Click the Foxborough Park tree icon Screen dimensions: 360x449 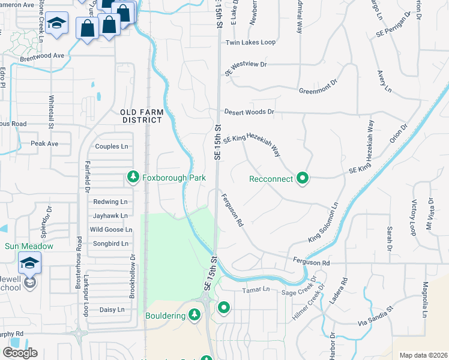click(x=133, y=177)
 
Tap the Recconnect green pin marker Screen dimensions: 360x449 click(x=303, y=178)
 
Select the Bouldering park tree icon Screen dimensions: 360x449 click(x=194, y=314)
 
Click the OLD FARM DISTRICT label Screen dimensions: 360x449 click(x=141, y=116)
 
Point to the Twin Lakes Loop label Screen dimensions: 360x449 click(x=250, y=43)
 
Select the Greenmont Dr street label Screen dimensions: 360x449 click(x=320, y=91)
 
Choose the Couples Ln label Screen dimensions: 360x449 click(x=112, y=146)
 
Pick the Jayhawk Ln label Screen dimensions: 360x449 click(x=110, y=215)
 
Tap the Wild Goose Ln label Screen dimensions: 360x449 click(x=110, y=230)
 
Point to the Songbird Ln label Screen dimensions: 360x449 click(x=110, y=244)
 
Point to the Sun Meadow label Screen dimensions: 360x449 click(x=29, y=246)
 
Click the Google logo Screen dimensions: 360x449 click(x=20, y=352)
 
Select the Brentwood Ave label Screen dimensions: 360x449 click(x=41, y=55)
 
